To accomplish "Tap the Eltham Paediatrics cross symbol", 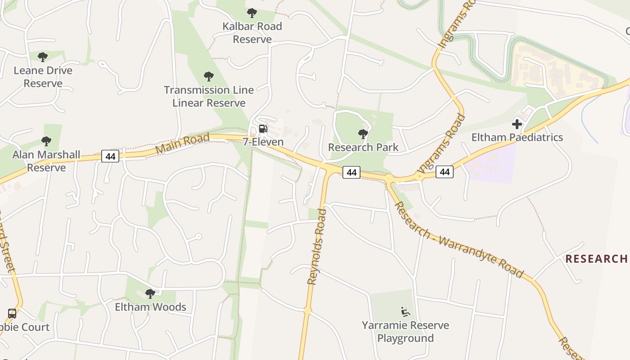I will click(517, 124).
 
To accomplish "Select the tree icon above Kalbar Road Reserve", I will click(252, 13).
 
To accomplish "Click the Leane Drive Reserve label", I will click(43, 77).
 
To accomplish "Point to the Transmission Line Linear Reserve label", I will click(209, 96).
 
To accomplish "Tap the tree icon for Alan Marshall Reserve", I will click(46, 141).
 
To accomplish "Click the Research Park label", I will click(363, 147).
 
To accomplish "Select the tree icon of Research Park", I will click(363, 134).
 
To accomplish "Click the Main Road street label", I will click(182, 143).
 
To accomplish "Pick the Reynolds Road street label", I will click(316, 247).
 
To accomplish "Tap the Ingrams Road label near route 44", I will click(441, 143).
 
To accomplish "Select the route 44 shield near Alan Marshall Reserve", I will click(110, 156).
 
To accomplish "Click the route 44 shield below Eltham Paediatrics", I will click(444, 171).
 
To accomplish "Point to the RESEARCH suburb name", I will click(596, 259).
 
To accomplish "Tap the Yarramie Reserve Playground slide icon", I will click(405, 311).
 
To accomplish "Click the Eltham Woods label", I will click(150, 307).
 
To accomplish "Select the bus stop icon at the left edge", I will click(12, 314).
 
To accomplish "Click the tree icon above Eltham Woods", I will click(150, 294).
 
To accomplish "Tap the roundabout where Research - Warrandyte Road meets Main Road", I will click(389, 179).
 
